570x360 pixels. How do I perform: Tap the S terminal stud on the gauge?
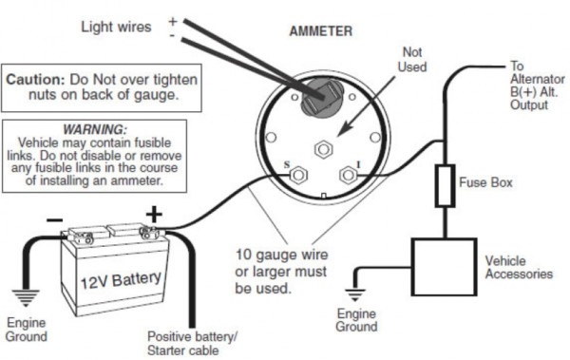point(296,175)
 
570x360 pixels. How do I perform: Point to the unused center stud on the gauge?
point(323,149)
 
